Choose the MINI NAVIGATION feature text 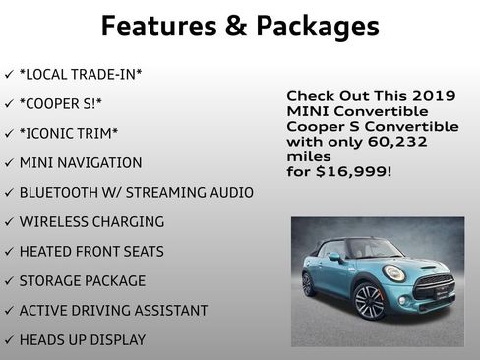81,162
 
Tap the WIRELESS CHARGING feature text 91,221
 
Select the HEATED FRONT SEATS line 91,251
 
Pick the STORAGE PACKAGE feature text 82,280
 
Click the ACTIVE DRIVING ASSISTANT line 113,310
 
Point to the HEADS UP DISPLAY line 83,339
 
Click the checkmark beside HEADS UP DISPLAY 9,340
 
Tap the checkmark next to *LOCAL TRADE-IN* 9,75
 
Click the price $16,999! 353,172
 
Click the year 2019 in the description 435,96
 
